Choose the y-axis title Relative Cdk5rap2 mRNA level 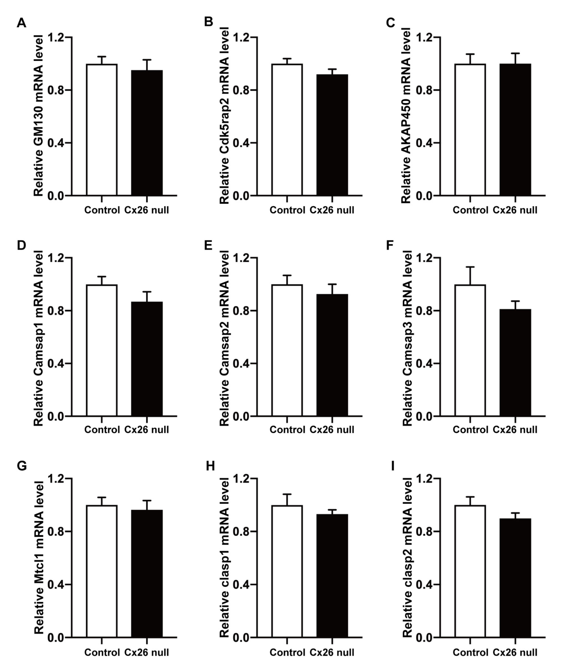tap(225, 115)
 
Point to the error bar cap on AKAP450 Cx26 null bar tap(515, 53)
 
